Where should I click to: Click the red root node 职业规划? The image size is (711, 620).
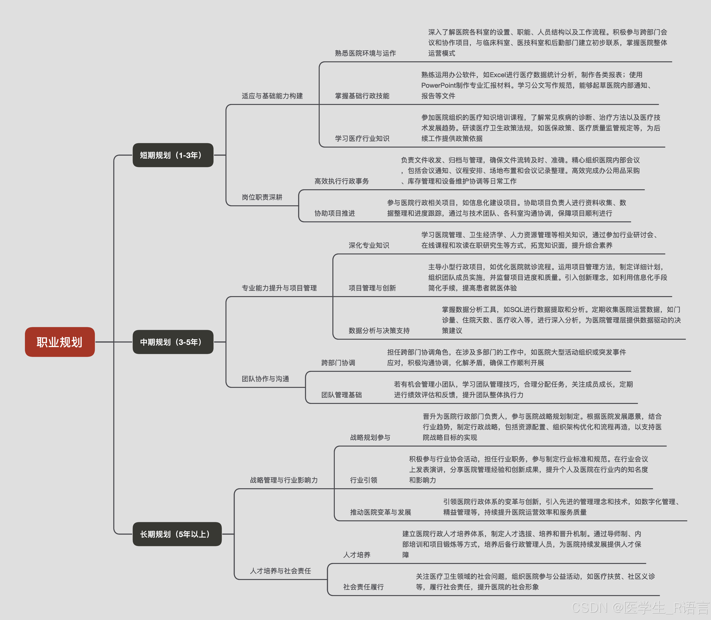(x=59, y=342)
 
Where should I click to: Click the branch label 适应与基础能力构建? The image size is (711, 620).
(x=272, y=96)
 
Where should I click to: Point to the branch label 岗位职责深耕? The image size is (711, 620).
(x=262, y=197)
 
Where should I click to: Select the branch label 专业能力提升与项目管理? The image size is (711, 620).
(x=279, y=288)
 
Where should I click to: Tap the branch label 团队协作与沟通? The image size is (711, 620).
(x=265, y=379)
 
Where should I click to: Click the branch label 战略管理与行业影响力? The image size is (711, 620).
(x=284, y=480)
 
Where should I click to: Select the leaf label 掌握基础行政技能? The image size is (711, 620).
(x=362, y=96)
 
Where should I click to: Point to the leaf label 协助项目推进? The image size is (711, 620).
(x=335, y=213)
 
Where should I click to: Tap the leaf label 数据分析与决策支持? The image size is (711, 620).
(x=379, y=330)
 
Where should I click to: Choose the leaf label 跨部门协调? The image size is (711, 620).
(x=338, y=363)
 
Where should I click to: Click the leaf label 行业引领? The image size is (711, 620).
(x=363, y=480)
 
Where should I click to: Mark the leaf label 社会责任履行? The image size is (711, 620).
(x=363, y=587)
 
